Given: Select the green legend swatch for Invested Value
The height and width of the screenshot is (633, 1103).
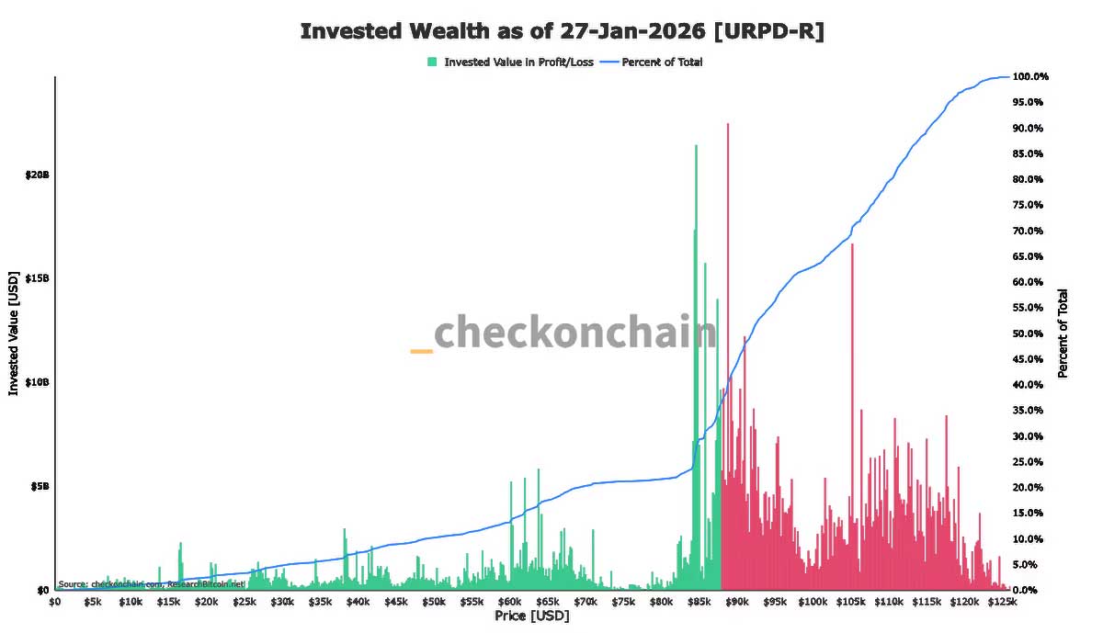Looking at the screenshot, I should [x=432, y=62].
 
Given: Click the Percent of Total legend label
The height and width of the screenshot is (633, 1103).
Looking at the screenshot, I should [x=662, y=62].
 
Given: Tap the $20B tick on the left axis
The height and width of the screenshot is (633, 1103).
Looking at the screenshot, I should [x=38, y=175].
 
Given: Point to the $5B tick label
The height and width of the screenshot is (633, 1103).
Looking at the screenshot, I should [x=40, y=486].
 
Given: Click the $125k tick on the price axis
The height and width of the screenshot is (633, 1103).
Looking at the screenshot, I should [x=1003, y=603].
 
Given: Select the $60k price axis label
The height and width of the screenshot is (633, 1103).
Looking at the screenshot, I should [x=510, y=603].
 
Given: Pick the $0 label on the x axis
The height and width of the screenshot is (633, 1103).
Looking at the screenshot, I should [x=55, y=603].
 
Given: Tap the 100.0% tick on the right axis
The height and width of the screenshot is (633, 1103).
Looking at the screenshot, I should [x=1030, y=76].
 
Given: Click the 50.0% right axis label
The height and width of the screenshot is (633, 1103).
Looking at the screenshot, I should [x=1029, y=333].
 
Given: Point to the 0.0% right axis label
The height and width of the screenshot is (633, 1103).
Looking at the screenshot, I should [x=1026, y=590].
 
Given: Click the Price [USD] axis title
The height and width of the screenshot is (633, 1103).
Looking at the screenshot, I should [x=531, y=616].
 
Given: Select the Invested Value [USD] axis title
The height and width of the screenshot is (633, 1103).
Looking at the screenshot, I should [x=14, y=333].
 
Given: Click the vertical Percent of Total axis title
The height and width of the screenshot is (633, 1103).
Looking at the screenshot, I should [x=1063, y=333].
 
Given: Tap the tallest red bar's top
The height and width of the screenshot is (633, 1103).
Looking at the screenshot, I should [x=728, y=125].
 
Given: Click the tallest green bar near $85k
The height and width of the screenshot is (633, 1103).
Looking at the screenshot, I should [x=696, y=147].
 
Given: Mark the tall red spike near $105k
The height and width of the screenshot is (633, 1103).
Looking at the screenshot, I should [x=852, y=246].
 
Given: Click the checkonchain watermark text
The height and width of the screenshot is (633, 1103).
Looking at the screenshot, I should [x=574, y=333].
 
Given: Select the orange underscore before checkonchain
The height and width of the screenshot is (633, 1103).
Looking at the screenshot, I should [x=421, y=351].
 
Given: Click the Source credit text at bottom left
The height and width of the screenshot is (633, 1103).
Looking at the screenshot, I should [x=152, y=583].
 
